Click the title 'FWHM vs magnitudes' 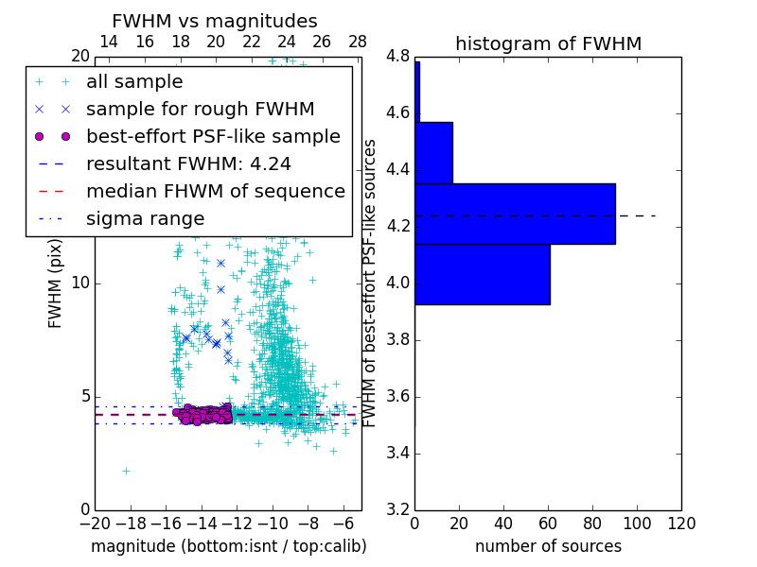214,22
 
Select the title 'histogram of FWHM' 548,43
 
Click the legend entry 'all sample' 134,82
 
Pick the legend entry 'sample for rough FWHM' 200,110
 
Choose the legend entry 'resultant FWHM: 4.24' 188,164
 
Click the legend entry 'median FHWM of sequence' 215,192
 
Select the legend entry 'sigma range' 145,219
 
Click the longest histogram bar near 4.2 515,214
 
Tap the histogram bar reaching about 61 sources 482,274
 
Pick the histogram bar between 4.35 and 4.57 433,152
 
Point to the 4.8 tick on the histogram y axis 397,57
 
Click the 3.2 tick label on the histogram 397,509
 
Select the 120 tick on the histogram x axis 680,524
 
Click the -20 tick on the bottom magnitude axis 95,524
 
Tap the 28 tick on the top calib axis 358,42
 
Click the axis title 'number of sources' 548,546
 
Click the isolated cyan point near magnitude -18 126,471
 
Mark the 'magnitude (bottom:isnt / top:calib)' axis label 228,546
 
